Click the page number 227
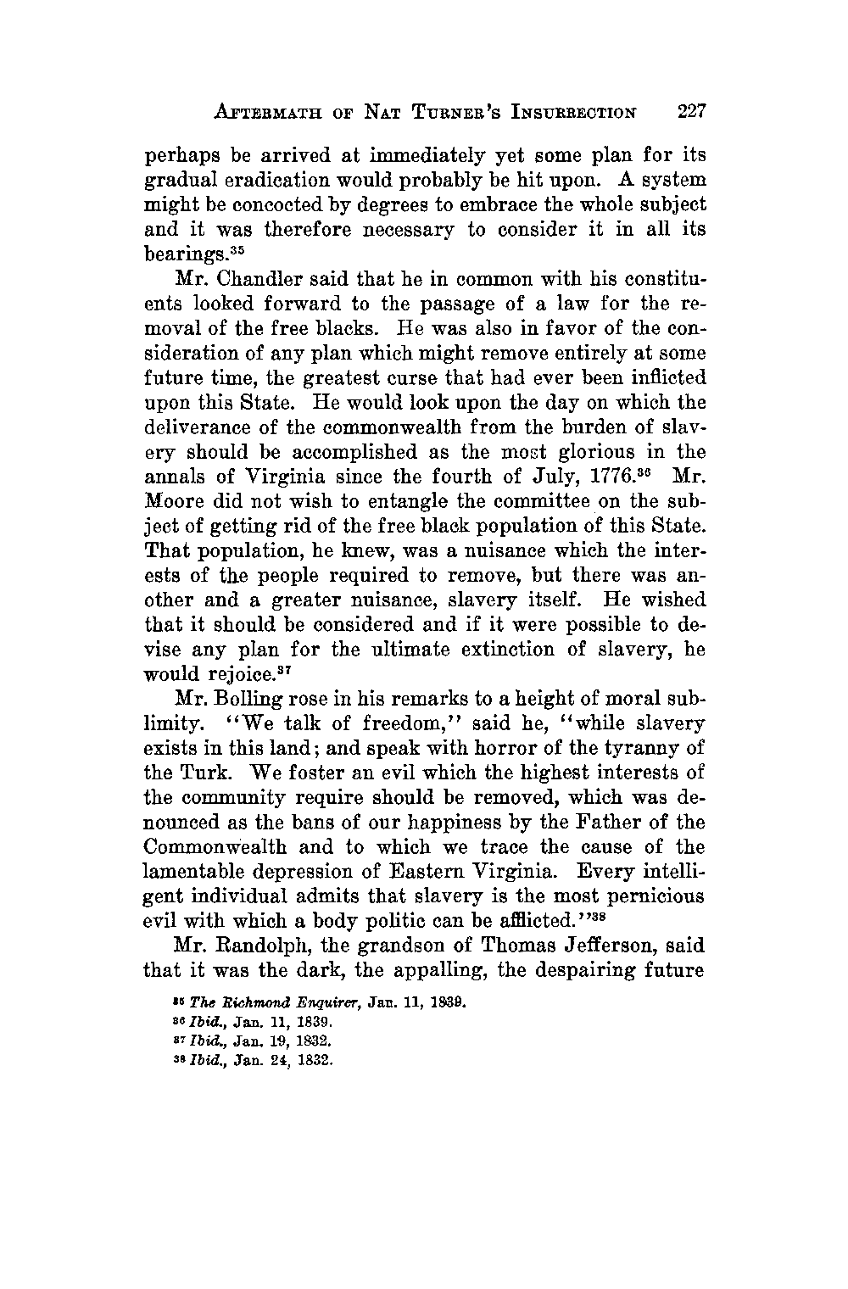point(691,111)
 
